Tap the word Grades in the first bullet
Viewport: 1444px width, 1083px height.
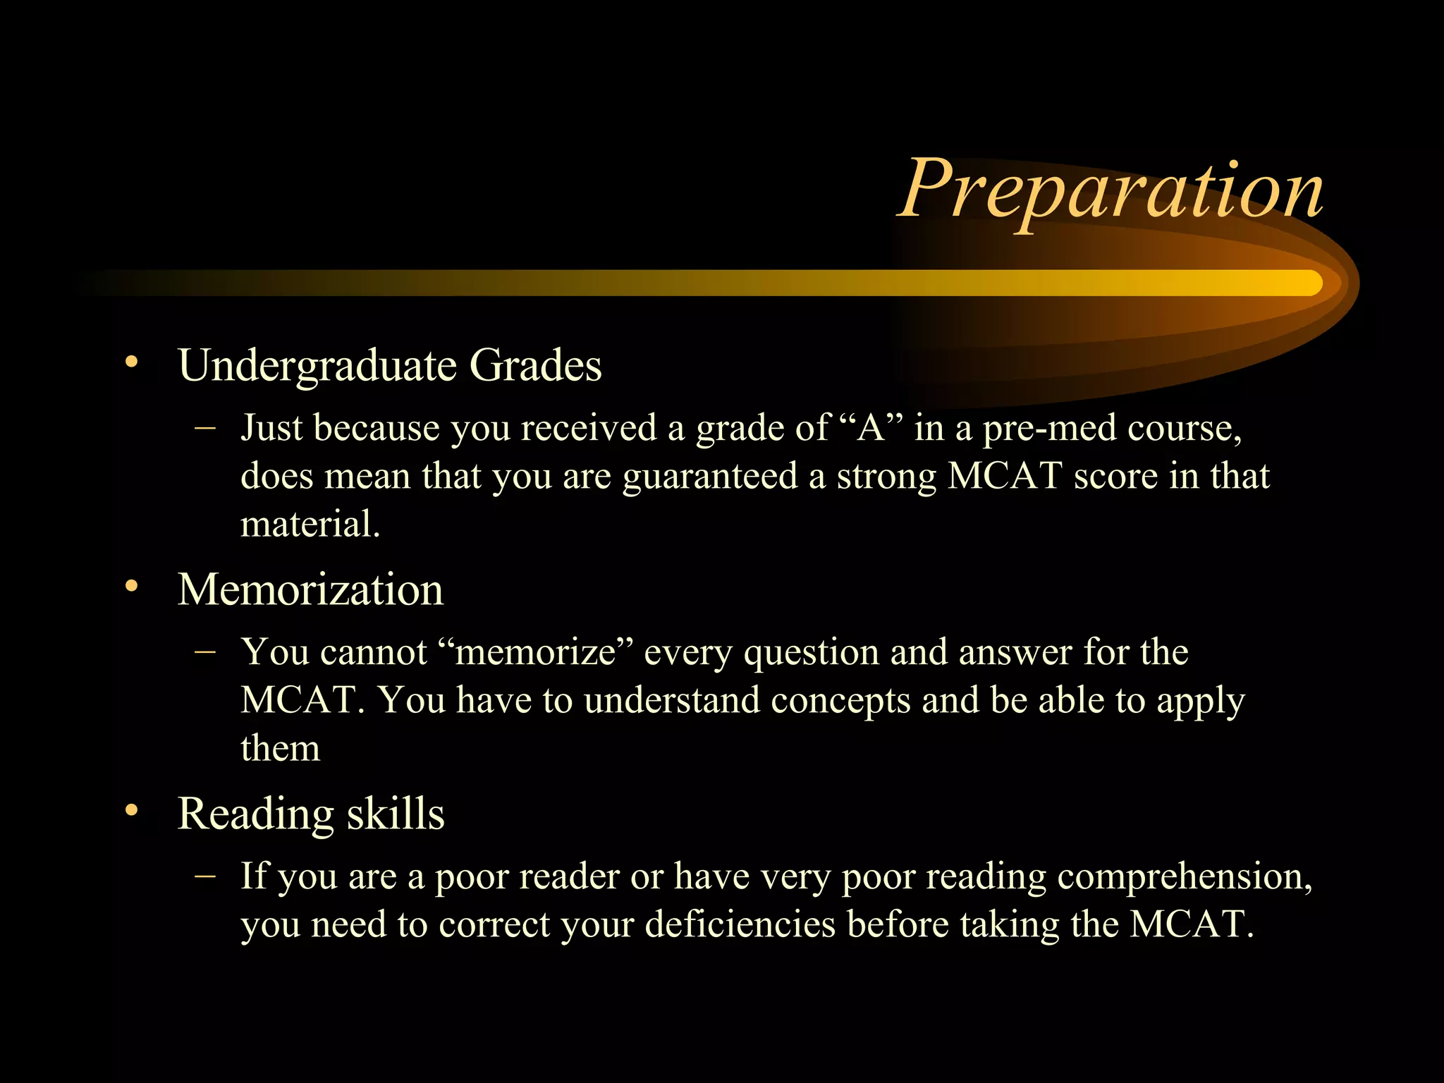click(x=535, y=365)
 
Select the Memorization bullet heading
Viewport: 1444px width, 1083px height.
click(x=310, y=589)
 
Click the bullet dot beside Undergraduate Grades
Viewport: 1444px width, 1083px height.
click(x=131, y=362)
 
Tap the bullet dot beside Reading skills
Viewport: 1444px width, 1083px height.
click(x=131, y=811)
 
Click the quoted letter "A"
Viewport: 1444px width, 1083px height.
click(x=871, y=427)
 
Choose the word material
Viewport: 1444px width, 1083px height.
click(x=310, y=525)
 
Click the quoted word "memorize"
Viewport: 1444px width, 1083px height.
click(x=536, y=651)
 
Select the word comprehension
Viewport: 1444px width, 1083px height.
click(x=1185, y=877)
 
